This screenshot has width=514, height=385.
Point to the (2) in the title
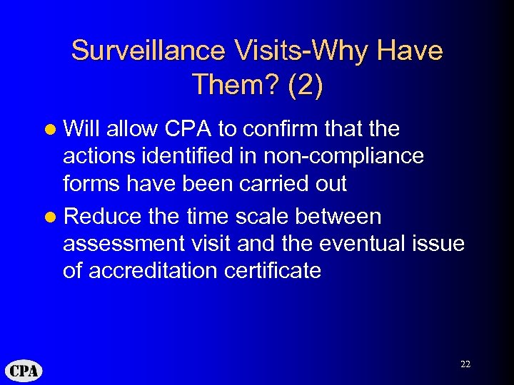click(306, 85)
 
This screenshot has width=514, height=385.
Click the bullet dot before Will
click(51, 130)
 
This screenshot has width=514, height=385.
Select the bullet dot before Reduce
click(51, 217)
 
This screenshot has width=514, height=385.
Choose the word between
click(339, 216)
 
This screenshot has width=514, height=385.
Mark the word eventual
click(362, 244)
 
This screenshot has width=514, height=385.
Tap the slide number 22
click(465, 364)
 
